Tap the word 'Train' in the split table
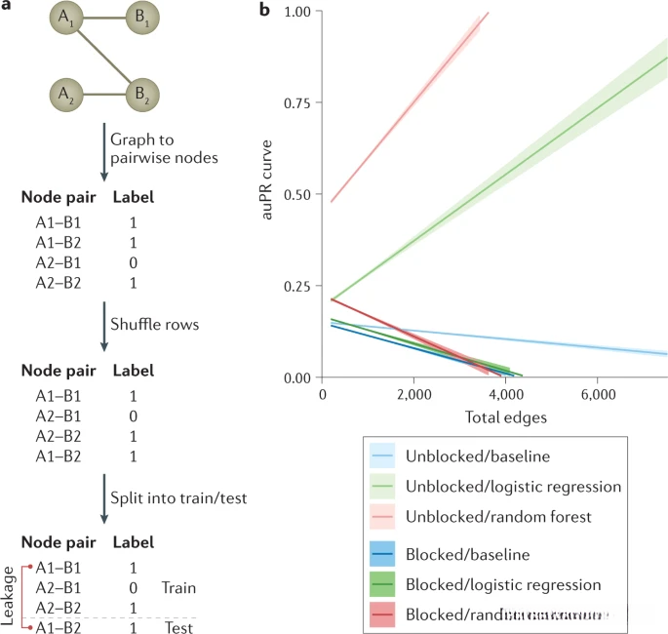click(179, 588)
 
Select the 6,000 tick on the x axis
click(596, 395)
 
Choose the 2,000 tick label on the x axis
click(413, 395)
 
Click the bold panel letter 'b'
click(263, 11)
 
